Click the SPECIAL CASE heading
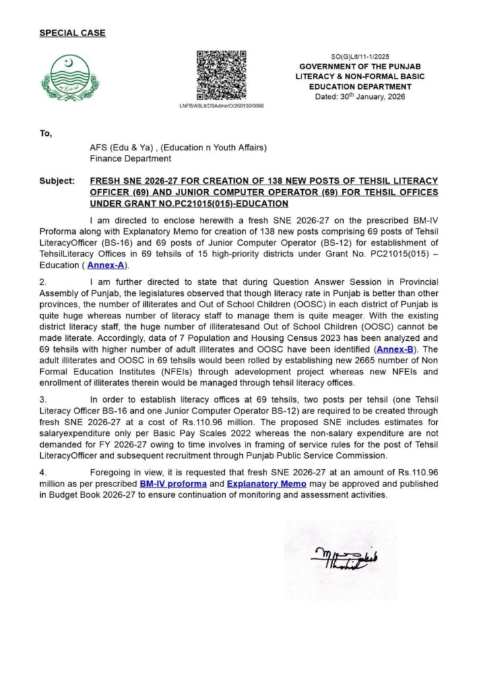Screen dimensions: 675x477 coord(72,33)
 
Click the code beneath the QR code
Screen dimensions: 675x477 coord(221,105)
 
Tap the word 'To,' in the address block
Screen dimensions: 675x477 coord(45,134)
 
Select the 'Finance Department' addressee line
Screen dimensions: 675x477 coord(130,158)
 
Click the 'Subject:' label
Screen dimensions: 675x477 coord(57,180)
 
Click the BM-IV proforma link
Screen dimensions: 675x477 coord(174,484)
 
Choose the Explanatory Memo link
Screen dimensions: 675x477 coord(266,484)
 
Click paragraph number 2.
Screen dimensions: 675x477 coord(42,281)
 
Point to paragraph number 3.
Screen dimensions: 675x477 coord(42,399)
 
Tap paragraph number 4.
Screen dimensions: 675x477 coord(42,473)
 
